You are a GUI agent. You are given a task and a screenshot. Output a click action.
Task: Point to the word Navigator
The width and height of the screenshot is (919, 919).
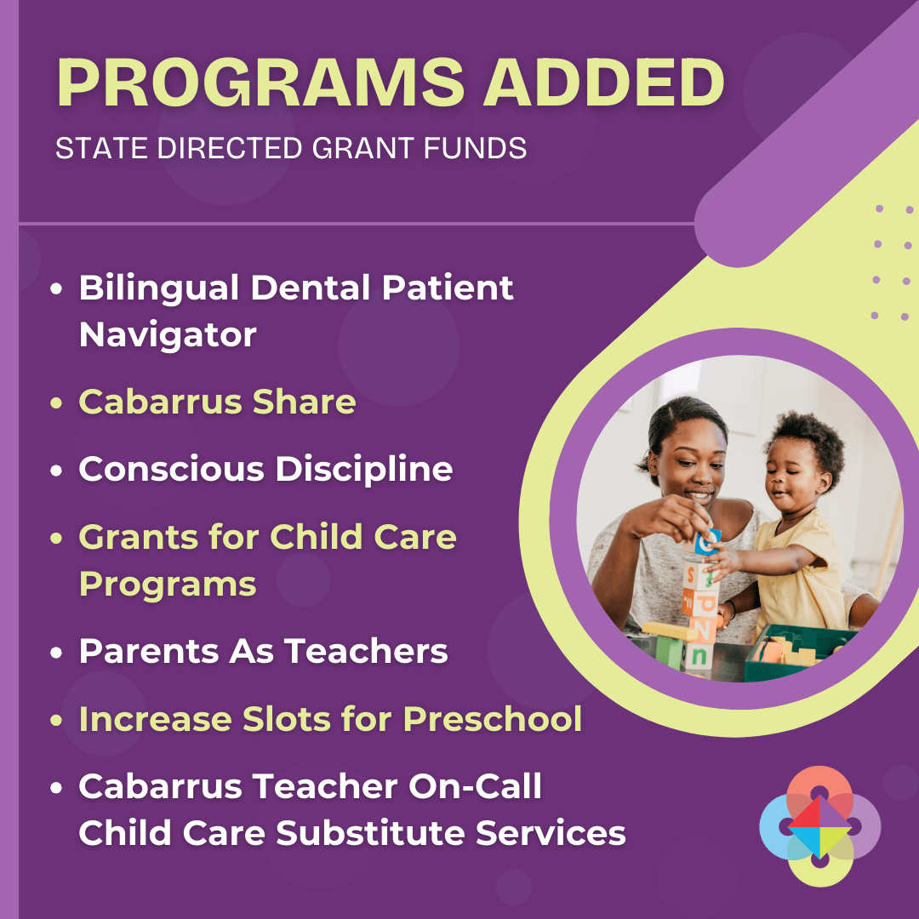(168, 335)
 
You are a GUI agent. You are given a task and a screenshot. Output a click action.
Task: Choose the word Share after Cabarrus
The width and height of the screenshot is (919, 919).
(304, 402)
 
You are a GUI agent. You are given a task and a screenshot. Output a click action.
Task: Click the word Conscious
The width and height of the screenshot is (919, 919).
(171, 469)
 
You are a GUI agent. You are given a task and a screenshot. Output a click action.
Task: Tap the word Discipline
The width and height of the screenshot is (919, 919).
(364, 469)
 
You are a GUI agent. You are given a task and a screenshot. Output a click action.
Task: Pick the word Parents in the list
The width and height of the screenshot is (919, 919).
(148, 651)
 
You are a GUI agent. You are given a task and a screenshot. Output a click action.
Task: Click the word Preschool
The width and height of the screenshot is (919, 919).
(493, 718)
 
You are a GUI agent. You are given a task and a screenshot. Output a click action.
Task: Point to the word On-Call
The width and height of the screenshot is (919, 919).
(475, 786)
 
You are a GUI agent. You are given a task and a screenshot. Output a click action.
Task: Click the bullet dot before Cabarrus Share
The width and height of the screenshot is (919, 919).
(56, 402)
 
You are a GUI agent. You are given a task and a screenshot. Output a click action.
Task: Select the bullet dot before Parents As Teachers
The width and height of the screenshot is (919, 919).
(56, 653)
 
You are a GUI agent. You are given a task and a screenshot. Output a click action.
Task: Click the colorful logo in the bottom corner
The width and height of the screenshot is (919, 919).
(819, 825)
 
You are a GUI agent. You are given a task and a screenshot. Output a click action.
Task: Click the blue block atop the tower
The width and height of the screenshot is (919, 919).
(707, 541)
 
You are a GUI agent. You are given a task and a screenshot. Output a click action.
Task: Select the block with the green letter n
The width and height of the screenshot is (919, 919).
(698, 656)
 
